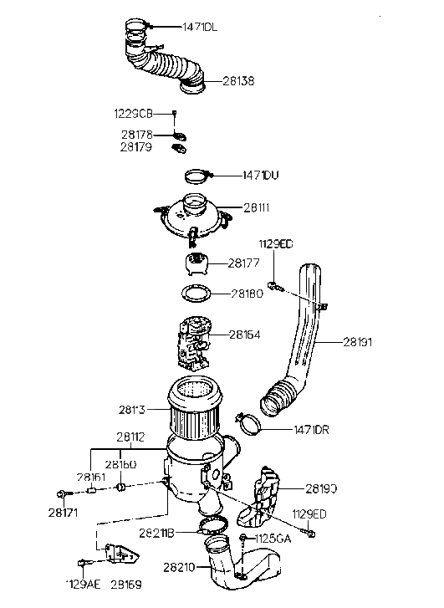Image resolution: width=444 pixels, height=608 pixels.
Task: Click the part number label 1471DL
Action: [x=201, y=28]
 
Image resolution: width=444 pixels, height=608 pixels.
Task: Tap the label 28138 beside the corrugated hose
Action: [x=238, y=81]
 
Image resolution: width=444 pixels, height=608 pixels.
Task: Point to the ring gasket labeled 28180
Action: [x=194, y=294]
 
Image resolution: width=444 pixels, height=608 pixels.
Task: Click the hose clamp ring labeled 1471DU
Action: [x=196, y=176]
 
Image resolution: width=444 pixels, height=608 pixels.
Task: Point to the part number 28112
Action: [x=130, y=437]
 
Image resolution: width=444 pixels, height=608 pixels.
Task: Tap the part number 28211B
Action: [x=156, y=533]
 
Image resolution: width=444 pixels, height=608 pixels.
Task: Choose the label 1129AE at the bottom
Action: [x=83, y=585]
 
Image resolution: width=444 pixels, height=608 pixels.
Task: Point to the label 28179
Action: [x=135, y=147]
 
